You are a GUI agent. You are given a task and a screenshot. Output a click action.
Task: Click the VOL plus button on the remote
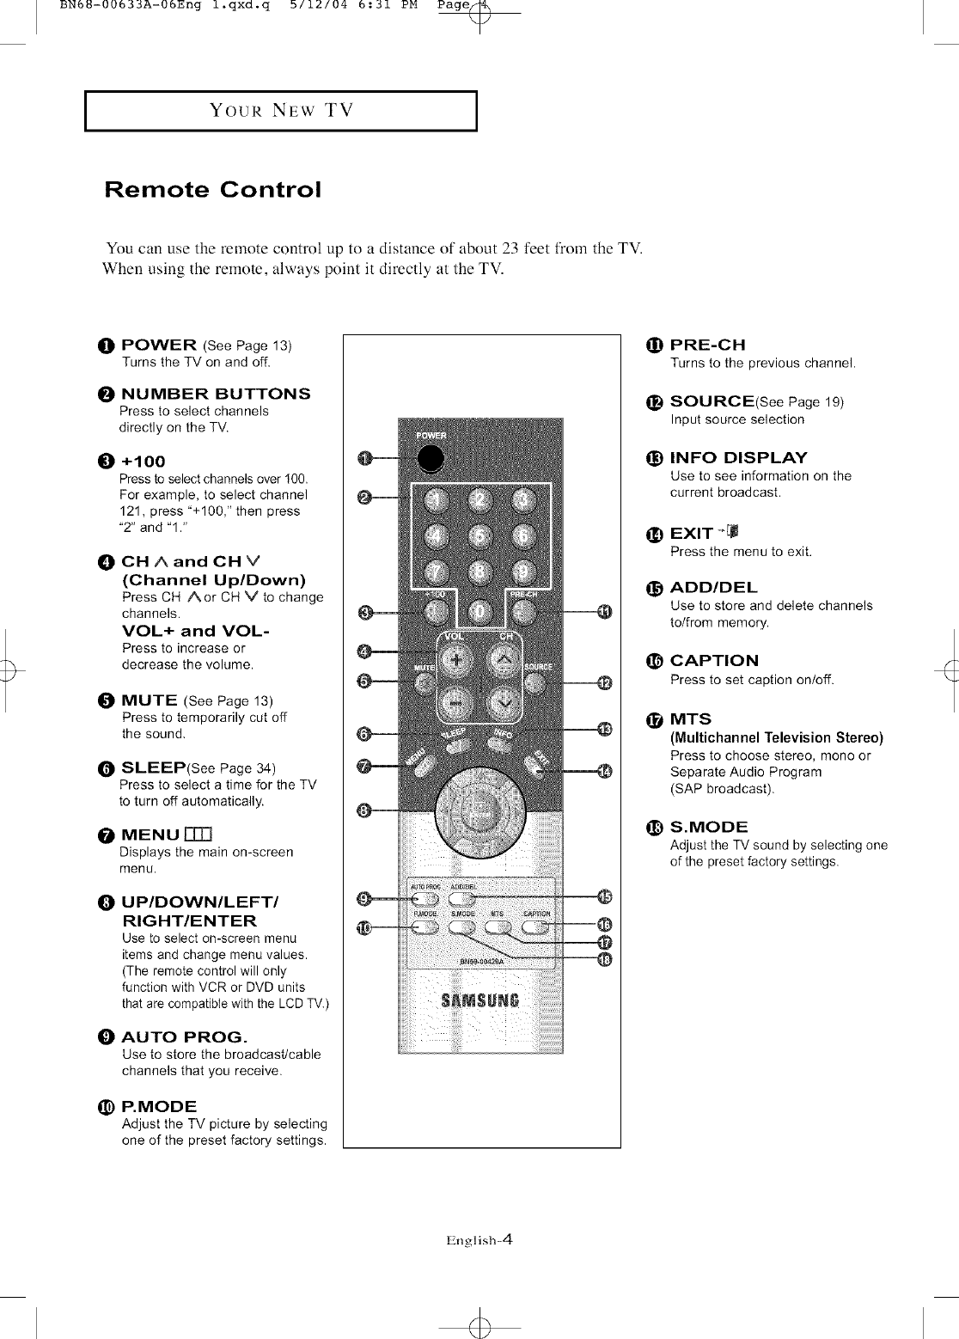[457, 661]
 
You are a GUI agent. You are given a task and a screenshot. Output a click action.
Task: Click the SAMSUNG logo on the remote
[479, 1000]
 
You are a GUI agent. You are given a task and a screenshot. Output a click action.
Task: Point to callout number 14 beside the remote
[604, 770]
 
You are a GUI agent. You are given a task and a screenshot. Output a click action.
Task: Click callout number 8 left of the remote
[364, 810]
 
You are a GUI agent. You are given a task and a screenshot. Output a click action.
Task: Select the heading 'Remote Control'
[212, 189]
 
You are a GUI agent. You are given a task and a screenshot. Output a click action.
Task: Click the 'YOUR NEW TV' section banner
[281, 110]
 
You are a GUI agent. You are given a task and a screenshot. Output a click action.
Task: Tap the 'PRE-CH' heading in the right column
[707, 345]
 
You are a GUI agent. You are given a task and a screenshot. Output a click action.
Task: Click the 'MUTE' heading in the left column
[150, 700]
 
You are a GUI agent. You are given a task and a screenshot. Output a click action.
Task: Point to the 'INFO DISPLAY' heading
[738, 457]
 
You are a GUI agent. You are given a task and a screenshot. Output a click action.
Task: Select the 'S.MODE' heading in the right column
[709, 827]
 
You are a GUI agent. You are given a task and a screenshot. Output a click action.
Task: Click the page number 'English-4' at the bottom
[479, 1239]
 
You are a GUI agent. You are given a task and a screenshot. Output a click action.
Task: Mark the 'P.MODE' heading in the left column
[159, 1105]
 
